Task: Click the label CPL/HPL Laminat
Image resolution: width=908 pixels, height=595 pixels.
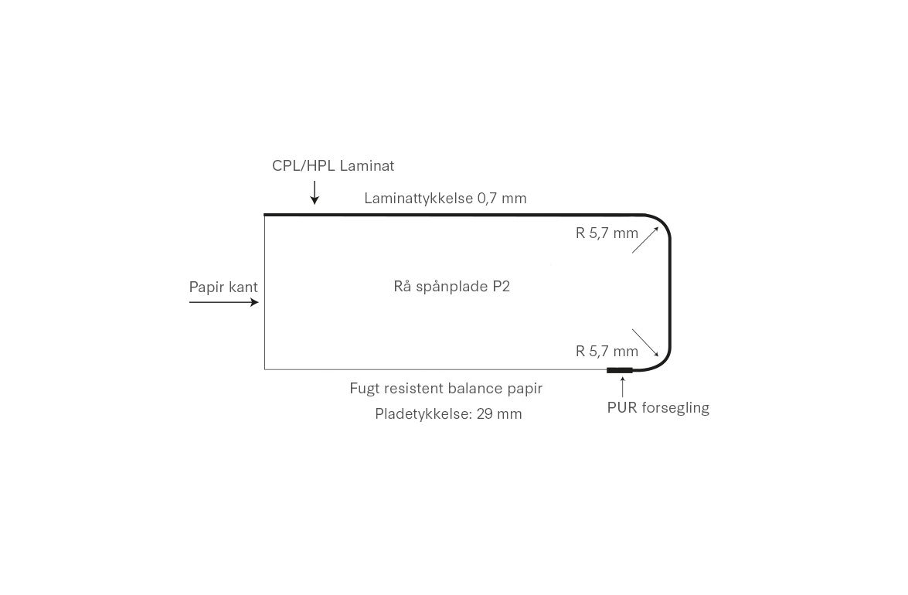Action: pos(332,165)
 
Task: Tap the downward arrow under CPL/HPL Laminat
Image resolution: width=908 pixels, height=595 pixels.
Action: pos(315,192)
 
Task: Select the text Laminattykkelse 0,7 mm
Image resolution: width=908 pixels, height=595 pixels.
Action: pos(445,198)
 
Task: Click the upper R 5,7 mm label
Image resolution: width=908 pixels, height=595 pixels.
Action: pos(607,233)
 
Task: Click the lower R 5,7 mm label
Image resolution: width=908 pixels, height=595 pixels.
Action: pos(607,351)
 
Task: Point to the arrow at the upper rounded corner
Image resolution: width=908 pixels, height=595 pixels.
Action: pos(645,240)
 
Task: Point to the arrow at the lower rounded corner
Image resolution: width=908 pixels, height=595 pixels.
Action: pos(645,342)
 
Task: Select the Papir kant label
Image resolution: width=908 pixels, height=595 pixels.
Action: pos(223,287)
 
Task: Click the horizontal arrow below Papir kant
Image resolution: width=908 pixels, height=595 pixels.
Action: pos(223,302)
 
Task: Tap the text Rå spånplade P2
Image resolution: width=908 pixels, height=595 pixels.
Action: pos(451,286)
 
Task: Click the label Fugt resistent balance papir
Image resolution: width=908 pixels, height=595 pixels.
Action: pos(446,388)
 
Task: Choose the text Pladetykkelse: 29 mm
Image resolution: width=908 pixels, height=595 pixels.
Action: pos(448,413)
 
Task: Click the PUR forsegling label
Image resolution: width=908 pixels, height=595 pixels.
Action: pos(658,407)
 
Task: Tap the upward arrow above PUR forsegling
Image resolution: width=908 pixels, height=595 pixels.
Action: pos(622,386)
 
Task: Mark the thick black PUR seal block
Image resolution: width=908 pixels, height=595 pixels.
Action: pos(620,370)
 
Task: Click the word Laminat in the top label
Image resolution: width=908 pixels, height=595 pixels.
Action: pos(367,165)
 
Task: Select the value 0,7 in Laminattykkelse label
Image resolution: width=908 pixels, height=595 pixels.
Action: pos(487,198)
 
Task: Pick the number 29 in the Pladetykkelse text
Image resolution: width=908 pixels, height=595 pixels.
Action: pos(485,413)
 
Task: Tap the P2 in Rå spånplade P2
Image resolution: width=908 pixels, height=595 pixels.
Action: pos(501,286)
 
